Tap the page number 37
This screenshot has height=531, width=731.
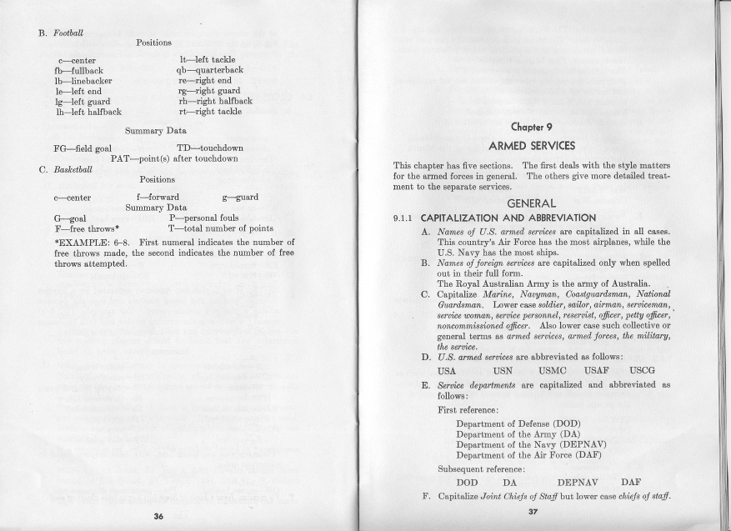533,511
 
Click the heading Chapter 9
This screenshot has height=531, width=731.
532,128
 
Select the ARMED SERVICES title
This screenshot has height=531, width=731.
532,145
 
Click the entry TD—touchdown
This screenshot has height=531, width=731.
206,148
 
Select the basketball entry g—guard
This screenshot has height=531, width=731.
240,198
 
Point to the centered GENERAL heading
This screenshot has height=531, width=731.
531,203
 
